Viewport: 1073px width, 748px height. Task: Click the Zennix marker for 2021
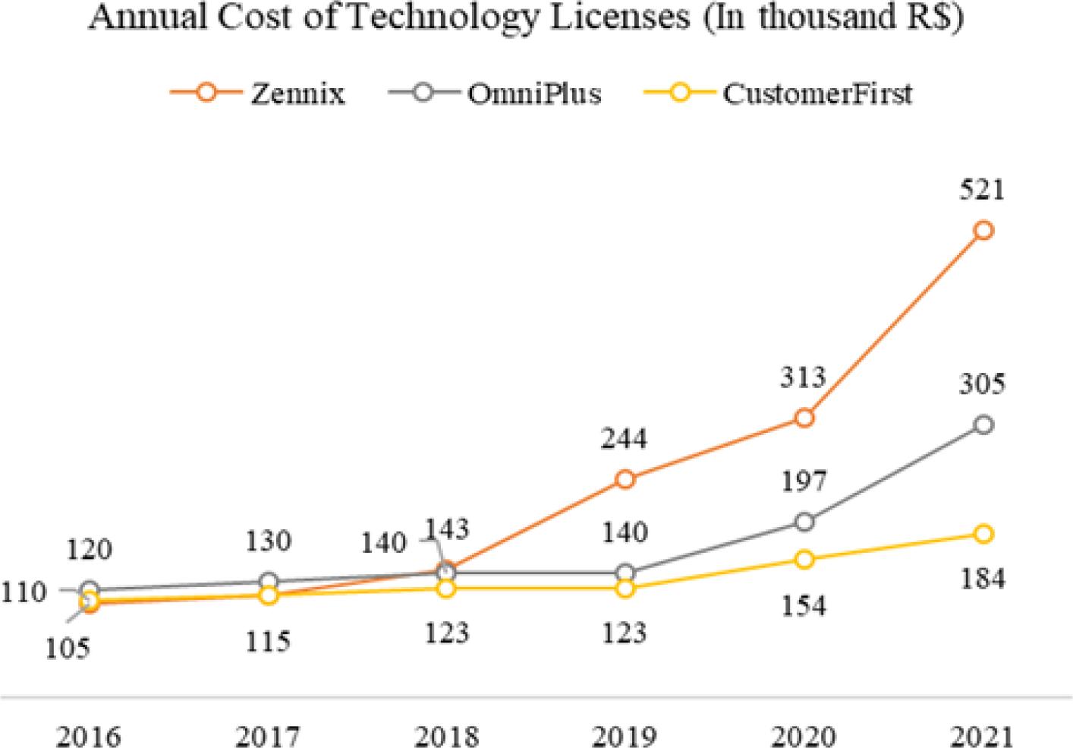pos(983,230)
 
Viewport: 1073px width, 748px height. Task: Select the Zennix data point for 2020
pos(804,418)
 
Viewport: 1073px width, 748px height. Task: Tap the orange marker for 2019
pos(625,479)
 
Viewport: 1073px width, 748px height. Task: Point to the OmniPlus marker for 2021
pos(983,424)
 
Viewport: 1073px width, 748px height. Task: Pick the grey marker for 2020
pos(804,522)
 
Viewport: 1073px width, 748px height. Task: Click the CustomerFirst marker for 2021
pos(983,534)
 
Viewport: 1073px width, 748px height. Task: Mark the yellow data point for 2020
pos(804,560)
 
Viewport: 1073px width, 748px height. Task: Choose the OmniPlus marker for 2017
pos(268,582)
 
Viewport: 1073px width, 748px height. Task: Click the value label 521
pos(982,188)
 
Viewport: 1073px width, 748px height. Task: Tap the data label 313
pos(803,376)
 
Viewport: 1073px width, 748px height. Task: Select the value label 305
pos(982,383)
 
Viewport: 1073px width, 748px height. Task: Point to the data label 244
pos(625,438)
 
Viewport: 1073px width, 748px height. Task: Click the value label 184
pos(982,579)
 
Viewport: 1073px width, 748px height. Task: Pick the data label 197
pos(803,481)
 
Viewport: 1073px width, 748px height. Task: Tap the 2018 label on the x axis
pos(447,735)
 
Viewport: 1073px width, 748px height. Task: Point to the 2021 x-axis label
pos(982,735)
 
